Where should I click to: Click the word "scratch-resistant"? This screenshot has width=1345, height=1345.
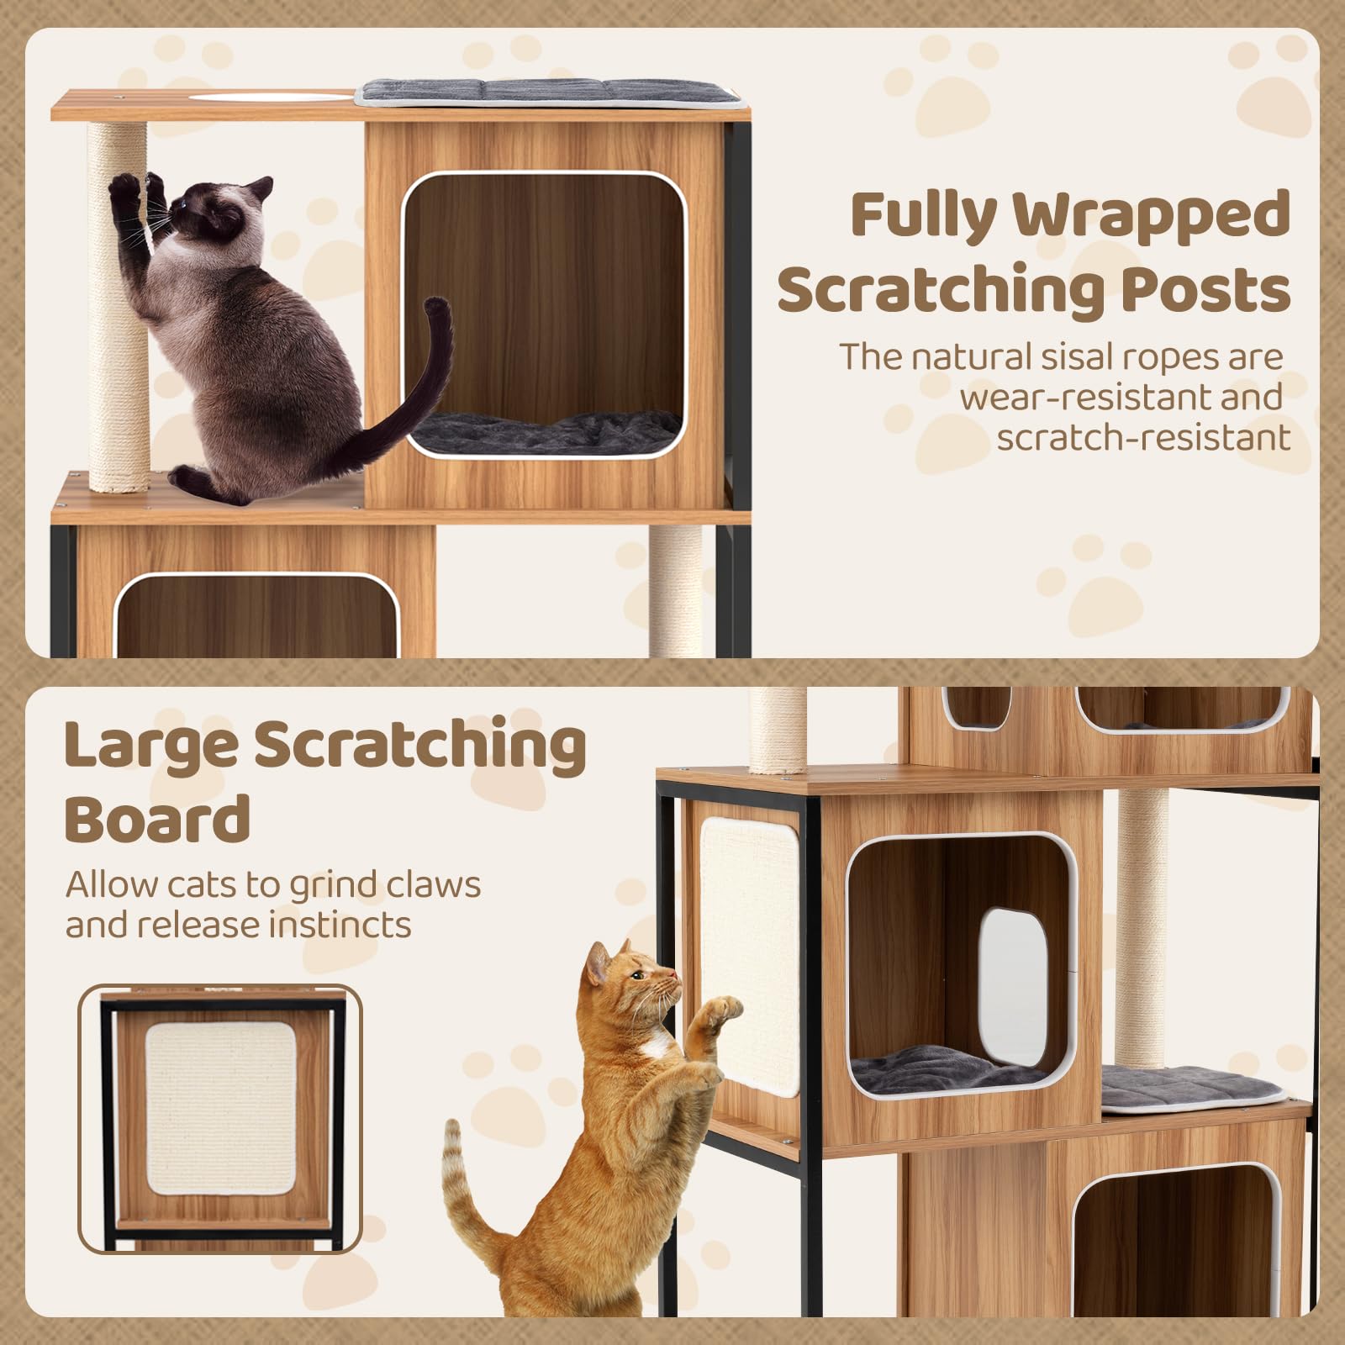1143,437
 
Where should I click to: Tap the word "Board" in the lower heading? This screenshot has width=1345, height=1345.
157,818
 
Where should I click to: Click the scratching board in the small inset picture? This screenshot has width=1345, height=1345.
220,1099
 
